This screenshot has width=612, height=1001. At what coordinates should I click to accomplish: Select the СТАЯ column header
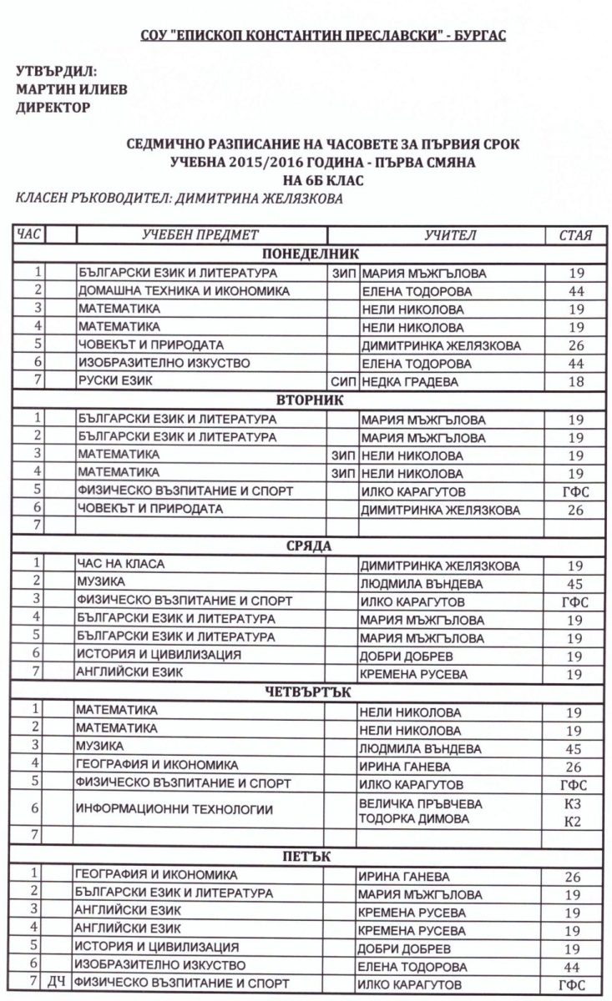(x=575, y=234)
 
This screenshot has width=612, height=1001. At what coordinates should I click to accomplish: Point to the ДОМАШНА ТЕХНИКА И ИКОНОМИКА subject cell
(x=184, y=291)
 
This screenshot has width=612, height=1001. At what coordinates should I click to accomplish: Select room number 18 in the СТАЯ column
(x=574, y=381)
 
